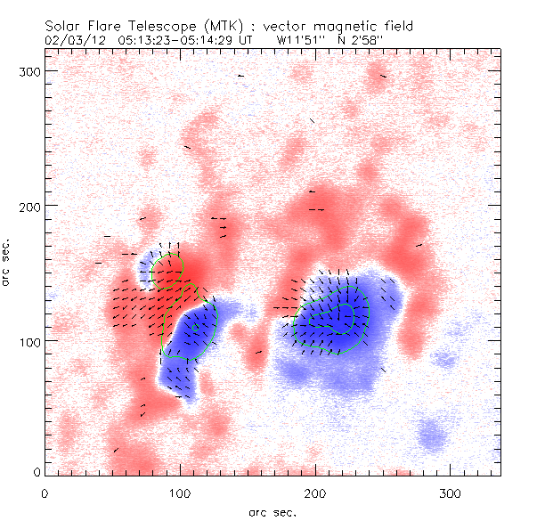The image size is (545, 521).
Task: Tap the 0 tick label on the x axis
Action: coord(45,492)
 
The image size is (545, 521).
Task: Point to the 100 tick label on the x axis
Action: coord(180,492)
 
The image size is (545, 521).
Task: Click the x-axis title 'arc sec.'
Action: coord(270,511)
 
